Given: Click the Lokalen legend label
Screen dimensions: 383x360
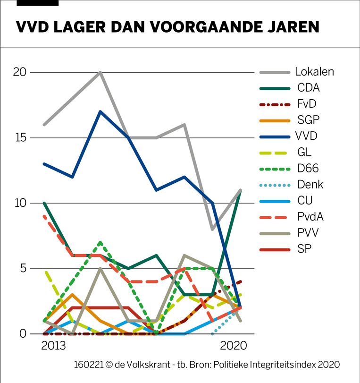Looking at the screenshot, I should (x=314, y=72).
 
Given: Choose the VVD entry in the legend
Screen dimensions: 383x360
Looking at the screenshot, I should (x=307, y=136).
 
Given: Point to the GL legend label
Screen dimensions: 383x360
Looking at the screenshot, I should (x=304, y=152).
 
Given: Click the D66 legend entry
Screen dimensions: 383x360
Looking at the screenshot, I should (x=307, y=168).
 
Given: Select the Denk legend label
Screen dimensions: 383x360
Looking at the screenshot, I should (x=310, y=184).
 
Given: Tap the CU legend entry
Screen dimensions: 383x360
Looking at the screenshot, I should (x=305, y=200).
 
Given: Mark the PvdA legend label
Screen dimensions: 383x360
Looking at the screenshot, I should (x=310, y=216).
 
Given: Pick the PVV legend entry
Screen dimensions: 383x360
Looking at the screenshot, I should (x=307, y=232).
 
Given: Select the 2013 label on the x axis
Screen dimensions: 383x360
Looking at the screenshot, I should (x=53, y=346).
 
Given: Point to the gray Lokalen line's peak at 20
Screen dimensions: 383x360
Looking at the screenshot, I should (x=100, y=72).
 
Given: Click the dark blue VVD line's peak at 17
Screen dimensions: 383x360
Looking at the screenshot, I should (x=100, y=111).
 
